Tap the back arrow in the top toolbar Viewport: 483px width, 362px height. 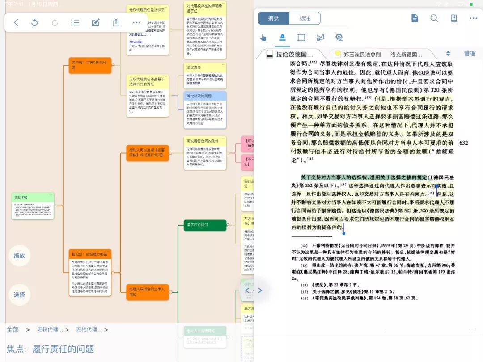[16, 22]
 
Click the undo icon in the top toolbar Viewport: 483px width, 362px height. [34, 22]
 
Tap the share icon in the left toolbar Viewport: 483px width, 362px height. [116, 22]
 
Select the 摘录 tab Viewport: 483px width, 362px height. [273, 18]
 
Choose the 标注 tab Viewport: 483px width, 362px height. [305, 18]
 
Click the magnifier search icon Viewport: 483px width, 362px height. [434, 18]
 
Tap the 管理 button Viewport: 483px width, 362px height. [470, 54]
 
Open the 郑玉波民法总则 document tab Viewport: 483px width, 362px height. [361, 54]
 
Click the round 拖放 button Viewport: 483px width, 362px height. [19, 256]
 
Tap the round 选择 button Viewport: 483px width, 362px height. [19, 295]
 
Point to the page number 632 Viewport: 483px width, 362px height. [463, 143]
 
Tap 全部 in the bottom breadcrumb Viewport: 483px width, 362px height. [13, 330]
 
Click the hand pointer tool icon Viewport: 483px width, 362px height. [263, 38]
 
